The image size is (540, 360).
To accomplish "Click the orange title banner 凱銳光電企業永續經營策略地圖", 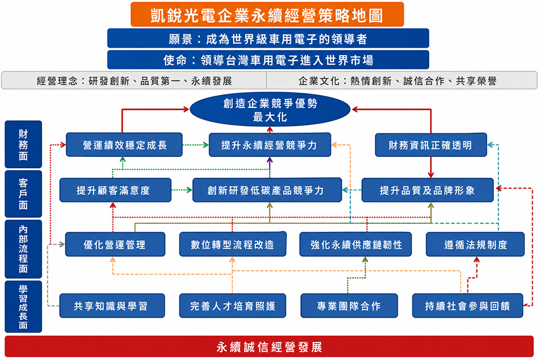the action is tap(267, 15).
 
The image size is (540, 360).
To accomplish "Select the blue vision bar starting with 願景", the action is tap(268, 38).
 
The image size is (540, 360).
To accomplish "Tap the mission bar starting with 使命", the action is tap(268, 60).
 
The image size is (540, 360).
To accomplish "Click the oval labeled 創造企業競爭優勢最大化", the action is tap(270, 110).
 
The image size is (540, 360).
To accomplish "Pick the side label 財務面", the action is tap(24, 145).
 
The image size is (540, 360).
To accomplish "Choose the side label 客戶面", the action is tap(24, 193).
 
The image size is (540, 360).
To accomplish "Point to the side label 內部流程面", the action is tap(24, 249).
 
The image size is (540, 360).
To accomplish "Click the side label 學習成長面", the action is tap(24, 307).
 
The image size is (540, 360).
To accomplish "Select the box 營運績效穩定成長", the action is tap(124, 145).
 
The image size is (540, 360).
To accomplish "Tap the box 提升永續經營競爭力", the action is tap(270, 145).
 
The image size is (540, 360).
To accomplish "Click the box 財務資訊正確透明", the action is tap(431, 145).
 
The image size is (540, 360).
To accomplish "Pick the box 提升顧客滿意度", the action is tap(115, 190).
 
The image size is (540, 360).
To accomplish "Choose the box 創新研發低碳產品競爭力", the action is tap(267, 190).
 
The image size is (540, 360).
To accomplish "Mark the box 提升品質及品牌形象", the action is tap(427, 190).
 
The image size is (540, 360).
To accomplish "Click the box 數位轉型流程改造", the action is tap(233, 244).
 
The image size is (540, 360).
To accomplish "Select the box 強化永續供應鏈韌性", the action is tap(355, 244).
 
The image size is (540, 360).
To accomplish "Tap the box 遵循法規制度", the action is tap(475, 244).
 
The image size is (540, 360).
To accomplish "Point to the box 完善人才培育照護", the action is tap(233, 305).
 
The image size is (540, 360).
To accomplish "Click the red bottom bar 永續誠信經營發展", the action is tap(269, 346).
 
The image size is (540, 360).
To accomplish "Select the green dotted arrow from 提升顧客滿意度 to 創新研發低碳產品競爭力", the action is tap(182, 190).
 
